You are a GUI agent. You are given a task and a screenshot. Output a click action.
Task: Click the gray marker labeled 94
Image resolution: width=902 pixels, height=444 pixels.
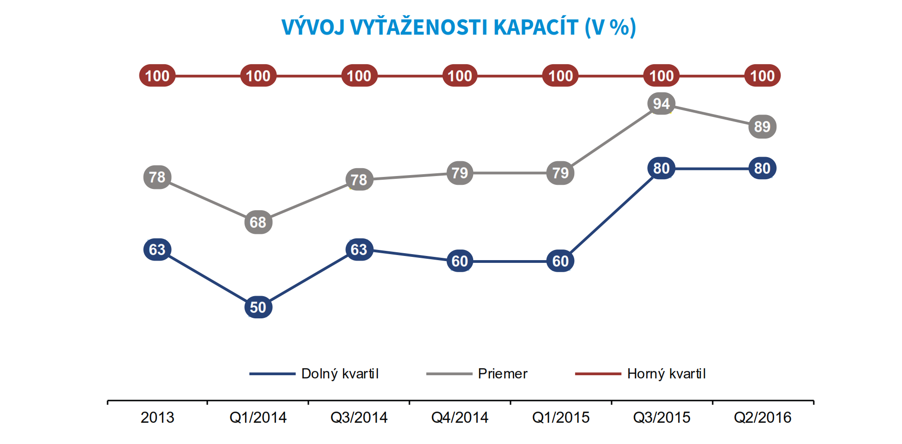pyautogui.click(x=661, y=103)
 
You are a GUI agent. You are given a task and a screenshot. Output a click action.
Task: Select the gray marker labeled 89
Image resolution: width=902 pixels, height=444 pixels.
pyautogui.click(x=762, y=127)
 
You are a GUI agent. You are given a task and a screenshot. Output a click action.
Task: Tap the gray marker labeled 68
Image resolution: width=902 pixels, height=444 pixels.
pyautogui.click(x=258, y=222)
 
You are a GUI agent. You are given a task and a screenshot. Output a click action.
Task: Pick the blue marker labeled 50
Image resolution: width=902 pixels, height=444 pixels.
pyautogui.click(x=258, y=307)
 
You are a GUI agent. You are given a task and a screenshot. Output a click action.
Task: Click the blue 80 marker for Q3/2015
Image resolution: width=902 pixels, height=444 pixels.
pyautogui.click(x=661, y=168)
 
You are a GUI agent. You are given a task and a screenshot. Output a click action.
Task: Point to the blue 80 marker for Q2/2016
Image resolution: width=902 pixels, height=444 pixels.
pyautogui.click(x=762, y=168)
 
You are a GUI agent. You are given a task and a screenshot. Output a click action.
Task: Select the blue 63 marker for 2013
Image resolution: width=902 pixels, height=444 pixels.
pyautogui.click(x=157, y=249)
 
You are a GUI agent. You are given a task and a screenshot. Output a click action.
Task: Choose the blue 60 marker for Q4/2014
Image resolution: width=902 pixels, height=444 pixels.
pyautogui.click(x=460, y=261)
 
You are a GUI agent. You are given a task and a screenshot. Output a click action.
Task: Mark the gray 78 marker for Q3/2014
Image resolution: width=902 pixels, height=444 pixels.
pyautogui.click(x=359, y=179)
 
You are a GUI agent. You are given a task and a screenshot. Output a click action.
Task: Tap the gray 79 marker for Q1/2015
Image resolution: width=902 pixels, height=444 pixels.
pyautogui.click(x=560, y=173)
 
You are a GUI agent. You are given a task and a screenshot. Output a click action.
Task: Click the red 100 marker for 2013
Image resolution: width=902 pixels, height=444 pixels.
pyautogui.click(x=157, y=76)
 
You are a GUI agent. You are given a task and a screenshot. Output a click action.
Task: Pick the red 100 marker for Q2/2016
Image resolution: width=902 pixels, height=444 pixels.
pyautogui.click(x=762, y=76)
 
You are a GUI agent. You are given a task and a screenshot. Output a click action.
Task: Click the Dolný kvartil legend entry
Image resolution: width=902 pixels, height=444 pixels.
pyautogui.click(x=339, y=374)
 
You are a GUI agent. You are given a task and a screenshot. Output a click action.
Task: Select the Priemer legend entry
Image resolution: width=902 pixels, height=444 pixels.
pyautogui.click(x=502, y=374)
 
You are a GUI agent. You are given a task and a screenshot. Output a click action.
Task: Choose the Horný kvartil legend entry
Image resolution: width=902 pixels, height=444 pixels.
pyautogui.click(x=666, y=374)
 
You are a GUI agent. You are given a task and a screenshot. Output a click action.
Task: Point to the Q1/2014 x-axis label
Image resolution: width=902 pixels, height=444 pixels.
pyautogui.click(x=258, y=418)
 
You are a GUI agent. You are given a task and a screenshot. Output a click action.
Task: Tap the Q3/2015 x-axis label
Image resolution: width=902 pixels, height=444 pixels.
pyautogui.click(x=661, y=418)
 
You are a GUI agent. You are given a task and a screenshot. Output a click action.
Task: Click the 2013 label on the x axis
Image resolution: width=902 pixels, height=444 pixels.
pyautogui.click(x=157, y=418)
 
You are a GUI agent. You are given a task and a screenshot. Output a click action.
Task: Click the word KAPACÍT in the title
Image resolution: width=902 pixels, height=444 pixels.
pyautogui.click(x=535, y=27)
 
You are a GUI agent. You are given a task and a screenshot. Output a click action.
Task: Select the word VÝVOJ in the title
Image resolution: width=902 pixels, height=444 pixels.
pyautogui.click(x=313, y=27)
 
